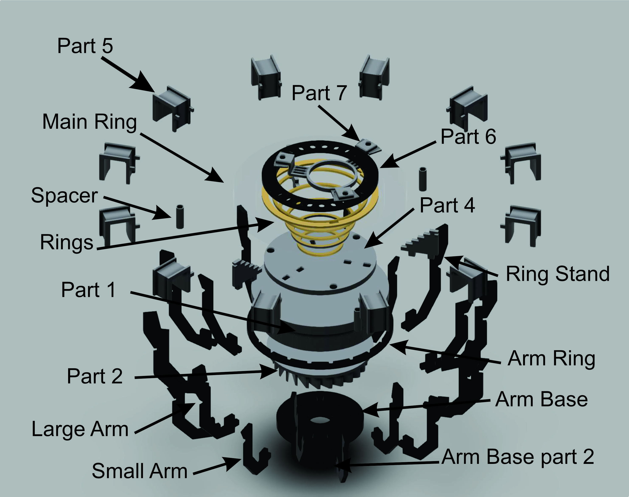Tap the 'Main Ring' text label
click(89, 122)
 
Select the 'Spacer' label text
click(64, 196)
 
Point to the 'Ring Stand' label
click(557, 274)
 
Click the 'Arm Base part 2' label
click(518, 457)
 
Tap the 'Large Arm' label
click(80, 429)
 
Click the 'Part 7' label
click(319, 93)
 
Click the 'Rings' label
click(67, 242)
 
